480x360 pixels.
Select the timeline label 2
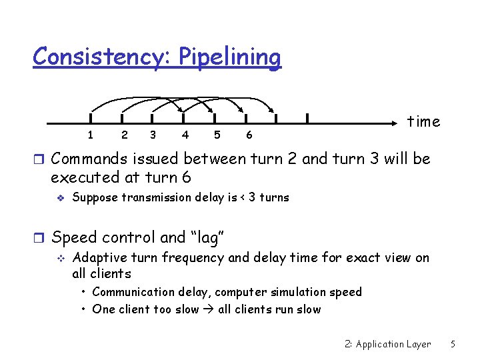(125, 135)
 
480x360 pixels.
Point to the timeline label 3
(154, 135)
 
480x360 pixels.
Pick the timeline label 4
(185, 135)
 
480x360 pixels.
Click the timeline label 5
(217, 135)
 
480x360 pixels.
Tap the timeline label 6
(249, 135)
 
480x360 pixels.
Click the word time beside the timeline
(424, 121)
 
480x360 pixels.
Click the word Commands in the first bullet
(89, 159)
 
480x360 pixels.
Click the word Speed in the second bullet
(73, 237)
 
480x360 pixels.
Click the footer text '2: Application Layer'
(388, 344)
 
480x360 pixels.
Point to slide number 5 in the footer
(453, 344)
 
